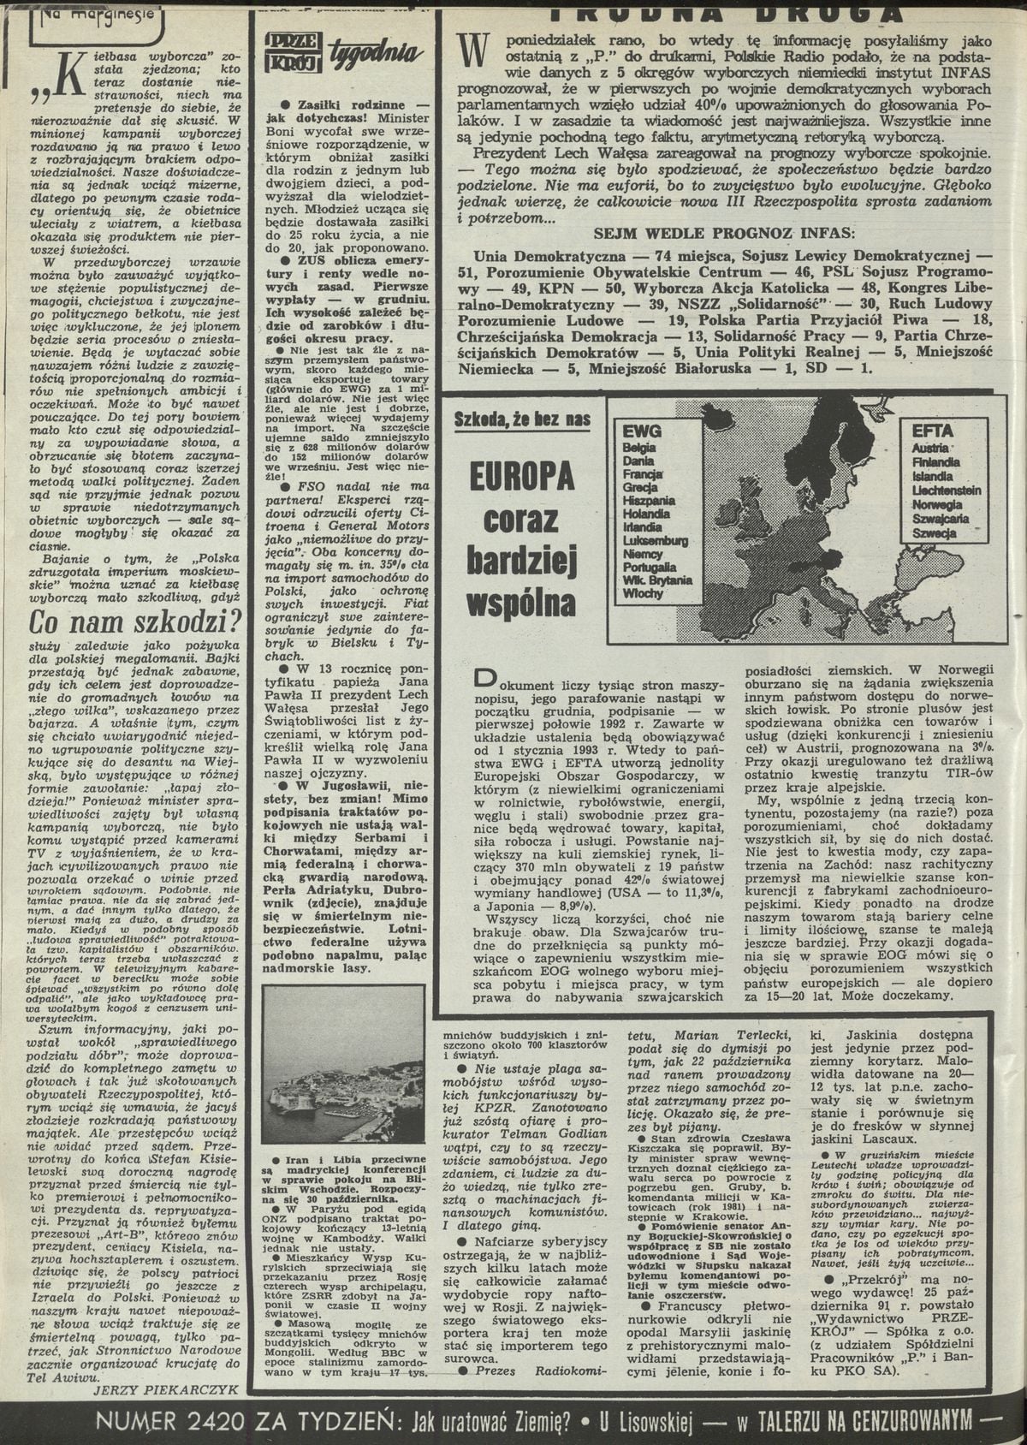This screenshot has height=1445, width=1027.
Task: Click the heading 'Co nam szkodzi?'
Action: (135, 620)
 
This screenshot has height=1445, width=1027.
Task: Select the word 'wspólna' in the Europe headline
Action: (521, 601)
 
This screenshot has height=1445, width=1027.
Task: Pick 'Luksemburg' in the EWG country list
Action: (656, 541)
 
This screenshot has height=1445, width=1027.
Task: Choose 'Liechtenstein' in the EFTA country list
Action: (946, 491)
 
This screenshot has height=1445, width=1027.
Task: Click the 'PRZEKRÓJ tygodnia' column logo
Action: (342, 52)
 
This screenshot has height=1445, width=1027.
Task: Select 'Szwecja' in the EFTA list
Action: (935, 532)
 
